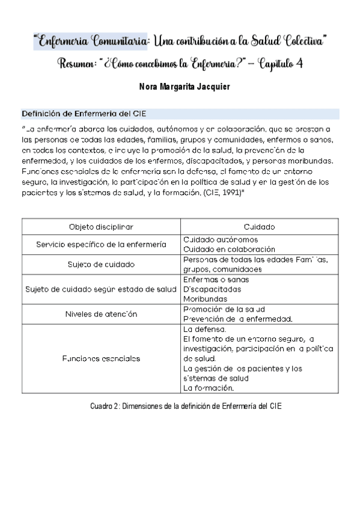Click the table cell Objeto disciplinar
click(x=101, y=227)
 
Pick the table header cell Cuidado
click(x=259, y=227)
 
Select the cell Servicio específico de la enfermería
click(x=101, y=244)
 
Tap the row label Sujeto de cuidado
click(x=101, y=264)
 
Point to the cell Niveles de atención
click(x=101, y=314)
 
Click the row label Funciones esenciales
click(x=101, y=358)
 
